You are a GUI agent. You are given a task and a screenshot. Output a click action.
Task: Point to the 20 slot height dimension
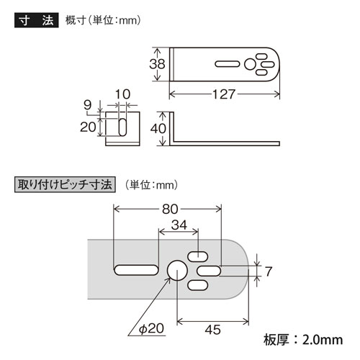tap(88, 127)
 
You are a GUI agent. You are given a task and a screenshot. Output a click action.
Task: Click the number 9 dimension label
tap(87, 104)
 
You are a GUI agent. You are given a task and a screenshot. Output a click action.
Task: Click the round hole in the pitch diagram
tap(176, 269)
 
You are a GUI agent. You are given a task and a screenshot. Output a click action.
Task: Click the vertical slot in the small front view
tap(122, 127)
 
